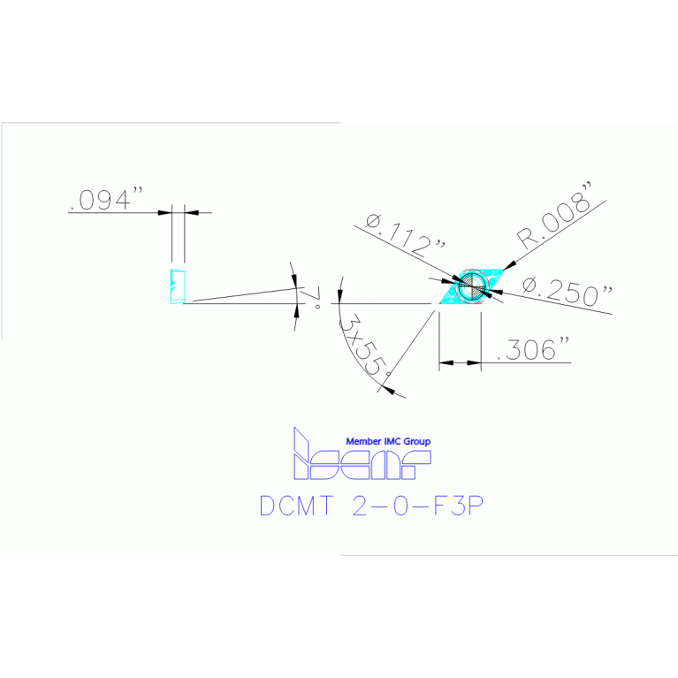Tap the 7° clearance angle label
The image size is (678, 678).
311,301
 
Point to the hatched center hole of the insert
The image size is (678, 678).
471,285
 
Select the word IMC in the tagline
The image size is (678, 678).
396,441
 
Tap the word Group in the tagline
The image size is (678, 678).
419,441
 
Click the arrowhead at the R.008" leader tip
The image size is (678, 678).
515,259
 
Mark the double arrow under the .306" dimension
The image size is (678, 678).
460,362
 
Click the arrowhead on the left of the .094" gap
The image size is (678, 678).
165,212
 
